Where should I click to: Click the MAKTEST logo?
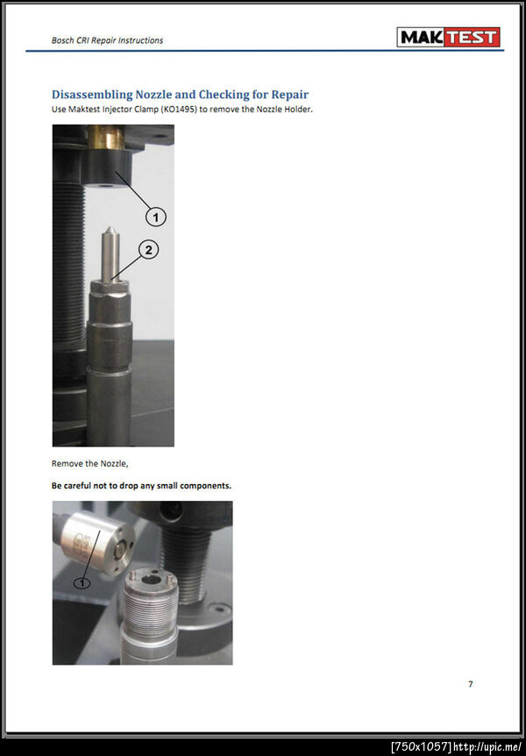[448, 37]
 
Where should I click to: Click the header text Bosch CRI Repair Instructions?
[107, 40]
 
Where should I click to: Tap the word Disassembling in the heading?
[91, 95]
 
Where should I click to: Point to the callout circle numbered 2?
[148, 250]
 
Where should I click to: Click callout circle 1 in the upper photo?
[155, 218]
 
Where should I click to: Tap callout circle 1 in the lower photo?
[82, 583]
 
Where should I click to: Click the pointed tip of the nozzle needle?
[110, 228]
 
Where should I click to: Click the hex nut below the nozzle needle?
[109, 286]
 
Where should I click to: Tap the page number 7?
[471, 684]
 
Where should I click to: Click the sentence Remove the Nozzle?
[89, 464]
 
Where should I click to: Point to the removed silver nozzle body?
[96, 542]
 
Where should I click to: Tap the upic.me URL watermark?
[487, 747]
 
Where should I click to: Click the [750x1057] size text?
[421, 747]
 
